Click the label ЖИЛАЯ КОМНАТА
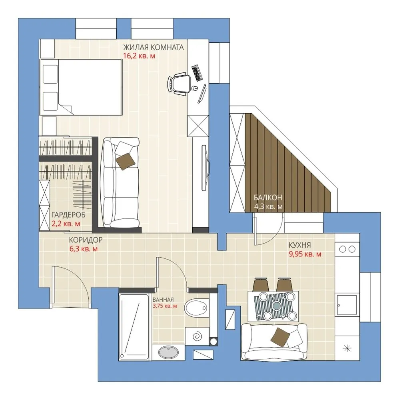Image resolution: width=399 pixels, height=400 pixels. click(x=154, y=48)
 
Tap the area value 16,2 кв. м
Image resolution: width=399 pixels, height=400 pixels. click(x=139, y=56)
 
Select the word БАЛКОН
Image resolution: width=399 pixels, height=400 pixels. click(x=268, y=198)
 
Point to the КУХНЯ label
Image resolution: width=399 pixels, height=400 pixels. click(x=300, y=245)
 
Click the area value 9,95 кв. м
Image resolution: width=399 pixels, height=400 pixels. click(x=305, y=254)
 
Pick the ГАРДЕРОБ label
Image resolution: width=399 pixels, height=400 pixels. click(x=68, y=215)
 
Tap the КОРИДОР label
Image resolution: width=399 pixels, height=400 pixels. click(x=86, y=240)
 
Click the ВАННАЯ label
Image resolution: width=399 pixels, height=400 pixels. click(x=163, y=300)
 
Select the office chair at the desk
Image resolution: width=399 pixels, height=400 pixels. click(x=179, y=83)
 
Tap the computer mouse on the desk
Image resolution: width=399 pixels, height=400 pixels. click(x=194, y=88)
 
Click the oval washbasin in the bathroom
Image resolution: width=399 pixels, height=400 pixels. click(x=167, y=352)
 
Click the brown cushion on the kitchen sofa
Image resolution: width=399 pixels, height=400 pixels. click(x=280, y=337)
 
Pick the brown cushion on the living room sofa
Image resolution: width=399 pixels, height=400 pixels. click(x=125, y=162)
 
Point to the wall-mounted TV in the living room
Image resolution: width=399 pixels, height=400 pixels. click(x=205, y=167)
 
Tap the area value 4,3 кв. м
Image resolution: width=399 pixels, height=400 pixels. click(x=268, y=206)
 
